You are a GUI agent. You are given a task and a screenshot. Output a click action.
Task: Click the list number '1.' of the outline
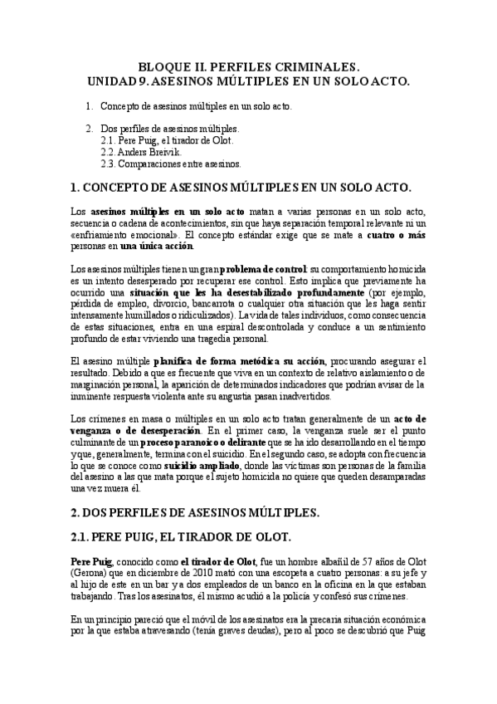tap(90, 107)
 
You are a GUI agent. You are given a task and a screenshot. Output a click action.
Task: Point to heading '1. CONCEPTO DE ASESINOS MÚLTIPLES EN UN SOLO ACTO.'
tap(248, 188)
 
